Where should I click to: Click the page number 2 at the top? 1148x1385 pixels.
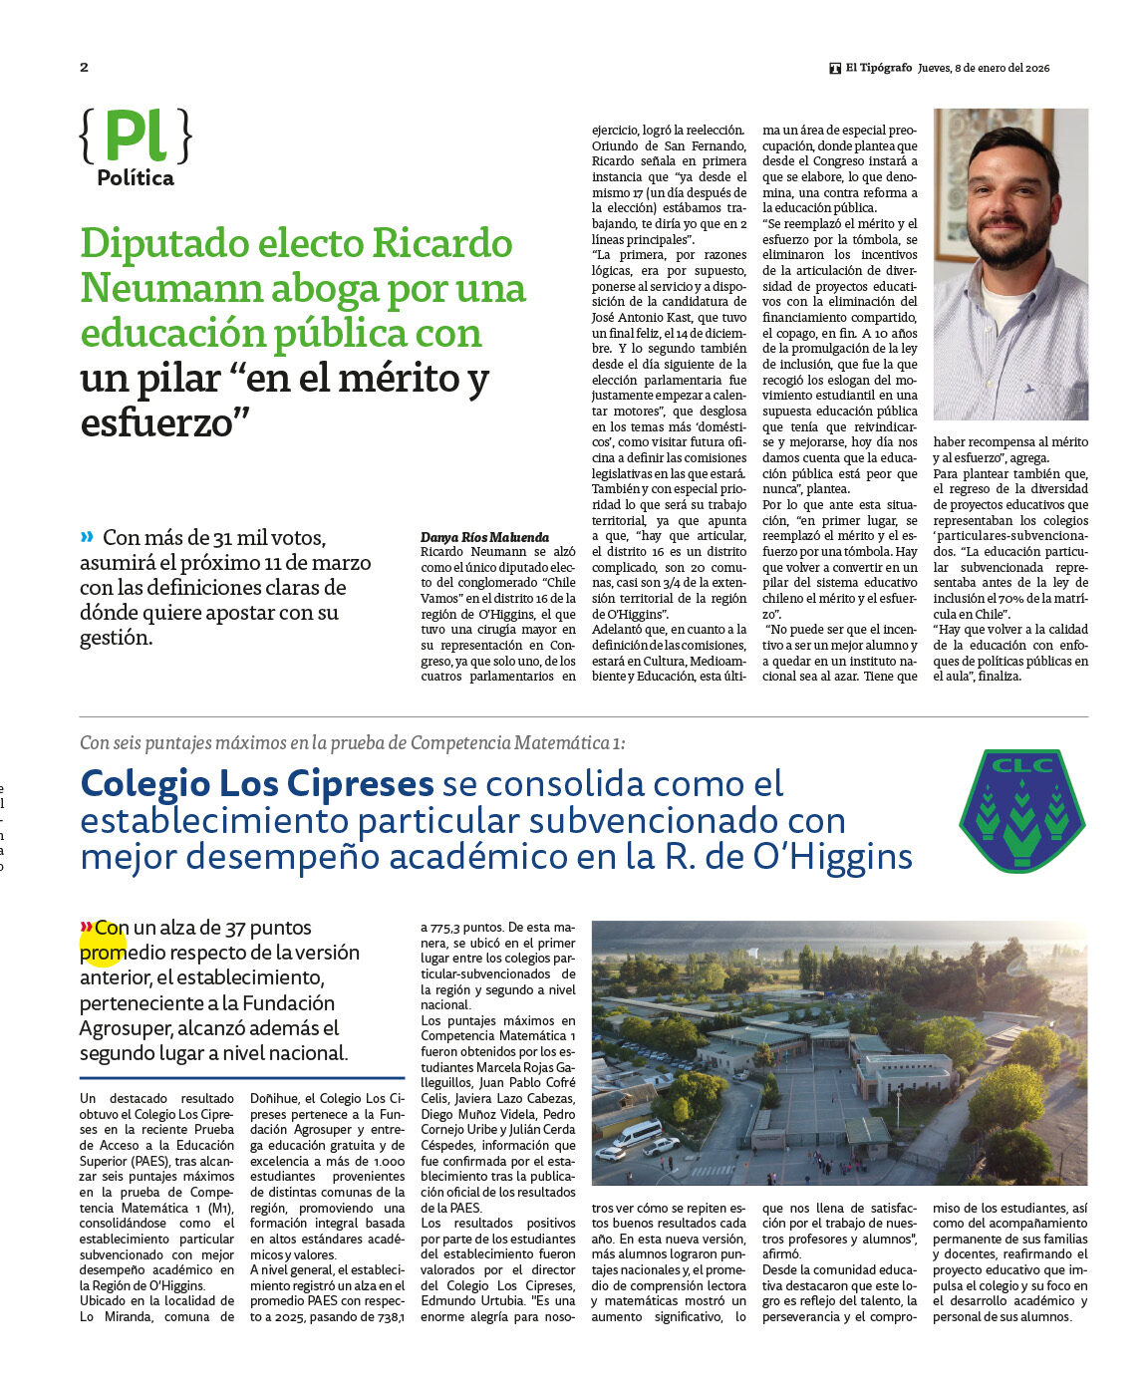[x=84, y=68]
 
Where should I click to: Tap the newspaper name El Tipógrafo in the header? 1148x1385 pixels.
[x=878, y=68]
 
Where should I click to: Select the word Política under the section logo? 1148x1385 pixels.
[x=136, y=178]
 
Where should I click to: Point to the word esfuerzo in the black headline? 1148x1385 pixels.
[x=163, y=422]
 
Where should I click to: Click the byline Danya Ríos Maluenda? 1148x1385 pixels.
[x=484, y=537]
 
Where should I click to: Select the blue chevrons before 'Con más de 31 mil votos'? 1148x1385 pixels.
[x=88, y=537]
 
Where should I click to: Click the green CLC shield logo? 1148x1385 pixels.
[x=1021, y=810]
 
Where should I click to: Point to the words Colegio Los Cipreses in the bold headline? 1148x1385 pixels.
[x=257, y=784]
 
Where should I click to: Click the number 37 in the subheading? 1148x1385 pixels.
[x=235, y=928]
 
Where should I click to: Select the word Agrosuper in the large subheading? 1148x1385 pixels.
[x=125, y=1028]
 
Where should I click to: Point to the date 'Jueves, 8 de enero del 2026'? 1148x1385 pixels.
[x=984, y=68]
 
